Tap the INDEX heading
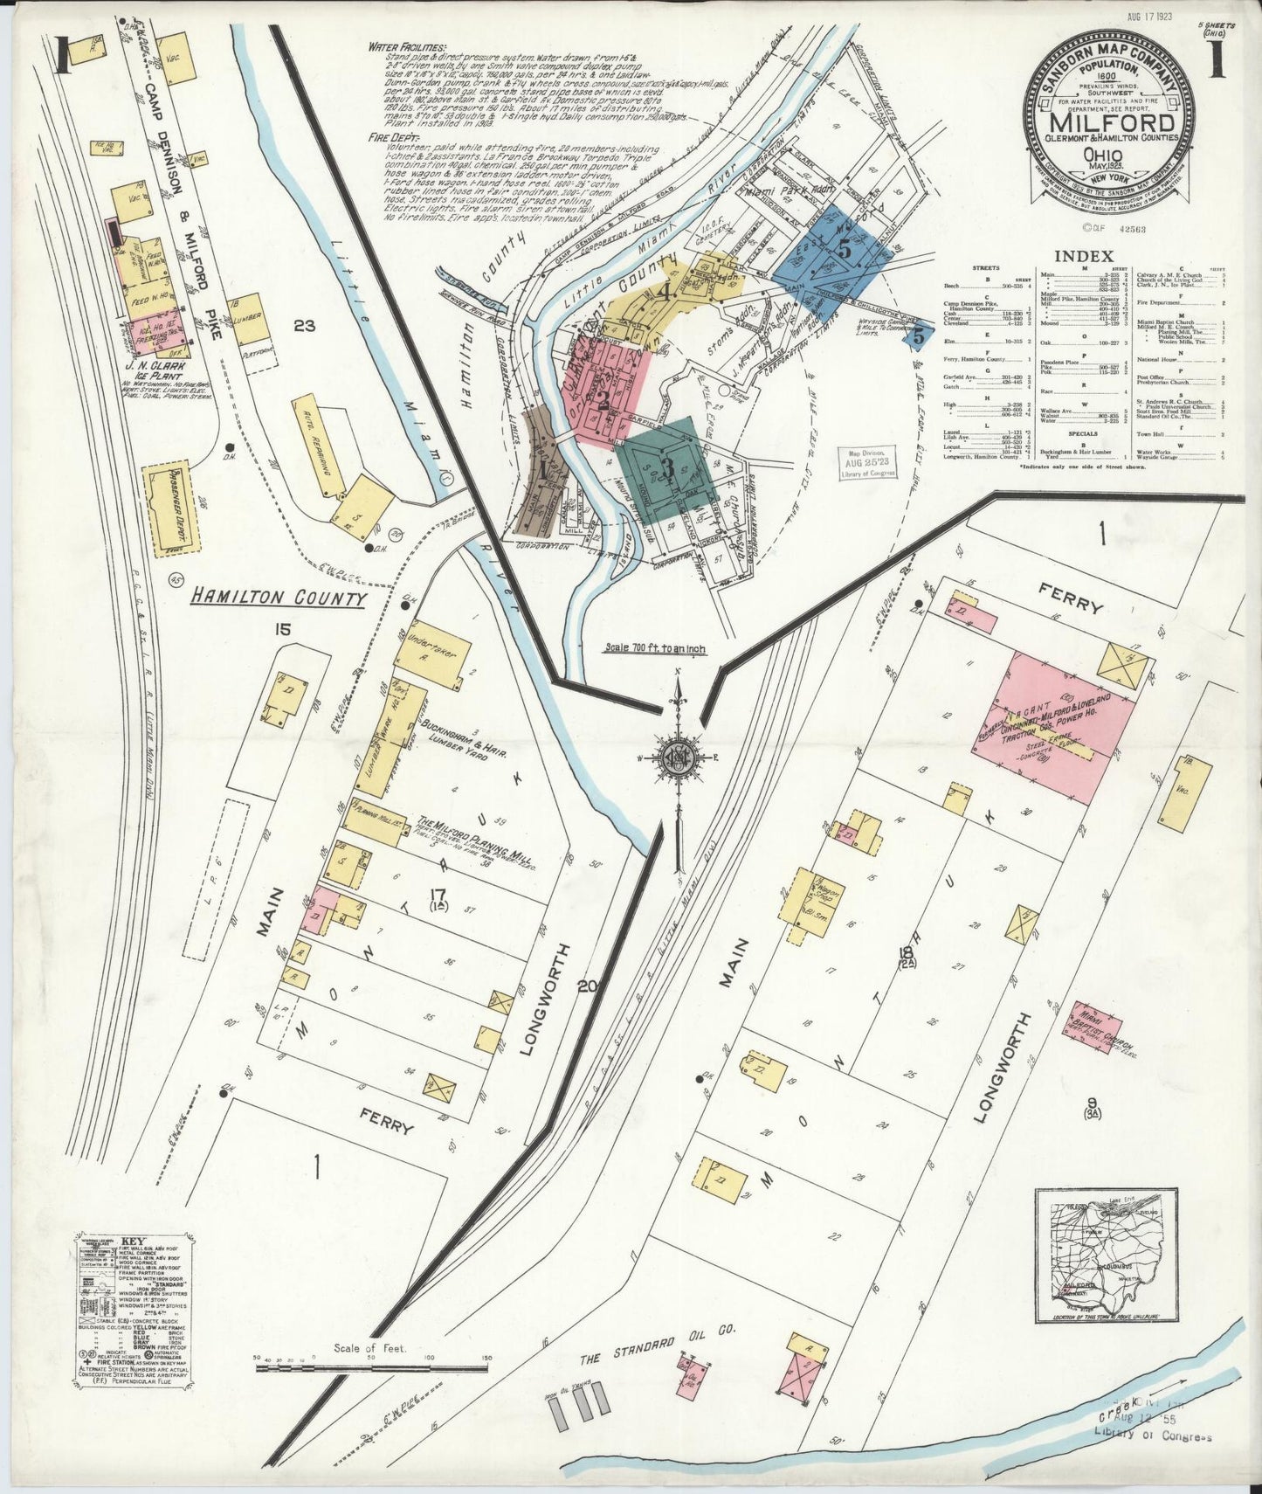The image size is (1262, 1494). pyautogui.click(x=1083, y=256)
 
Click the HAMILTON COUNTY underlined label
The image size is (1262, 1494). pyautogui.click(x=279, y=598)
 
